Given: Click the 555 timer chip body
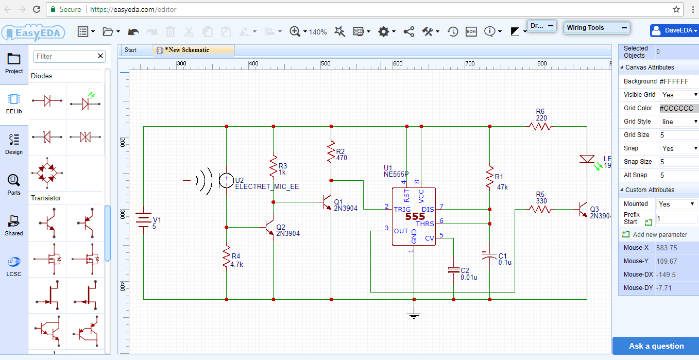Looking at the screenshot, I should [x=414, y=217].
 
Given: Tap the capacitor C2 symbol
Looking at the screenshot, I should [x=453, y=270].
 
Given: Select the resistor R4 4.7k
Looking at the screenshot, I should [x=226, y=256].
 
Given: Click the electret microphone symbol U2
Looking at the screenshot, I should [x=226, y=180].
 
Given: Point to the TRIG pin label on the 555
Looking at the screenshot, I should [x=402, y=209].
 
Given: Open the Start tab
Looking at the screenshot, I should [x=131, y=50].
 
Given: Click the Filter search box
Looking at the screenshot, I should [x=64, y=56].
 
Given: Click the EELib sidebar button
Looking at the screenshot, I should [x=14, y=103].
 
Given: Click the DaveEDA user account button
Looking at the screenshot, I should [x=674, y=30].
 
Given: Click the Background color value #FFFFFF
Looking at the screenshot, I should [x=678, y=81].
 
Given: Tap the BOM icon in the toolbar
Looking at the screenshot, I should [x=471, y=32].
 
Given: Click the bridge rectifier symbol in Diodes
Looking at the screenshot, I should [x=47, y=173].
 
